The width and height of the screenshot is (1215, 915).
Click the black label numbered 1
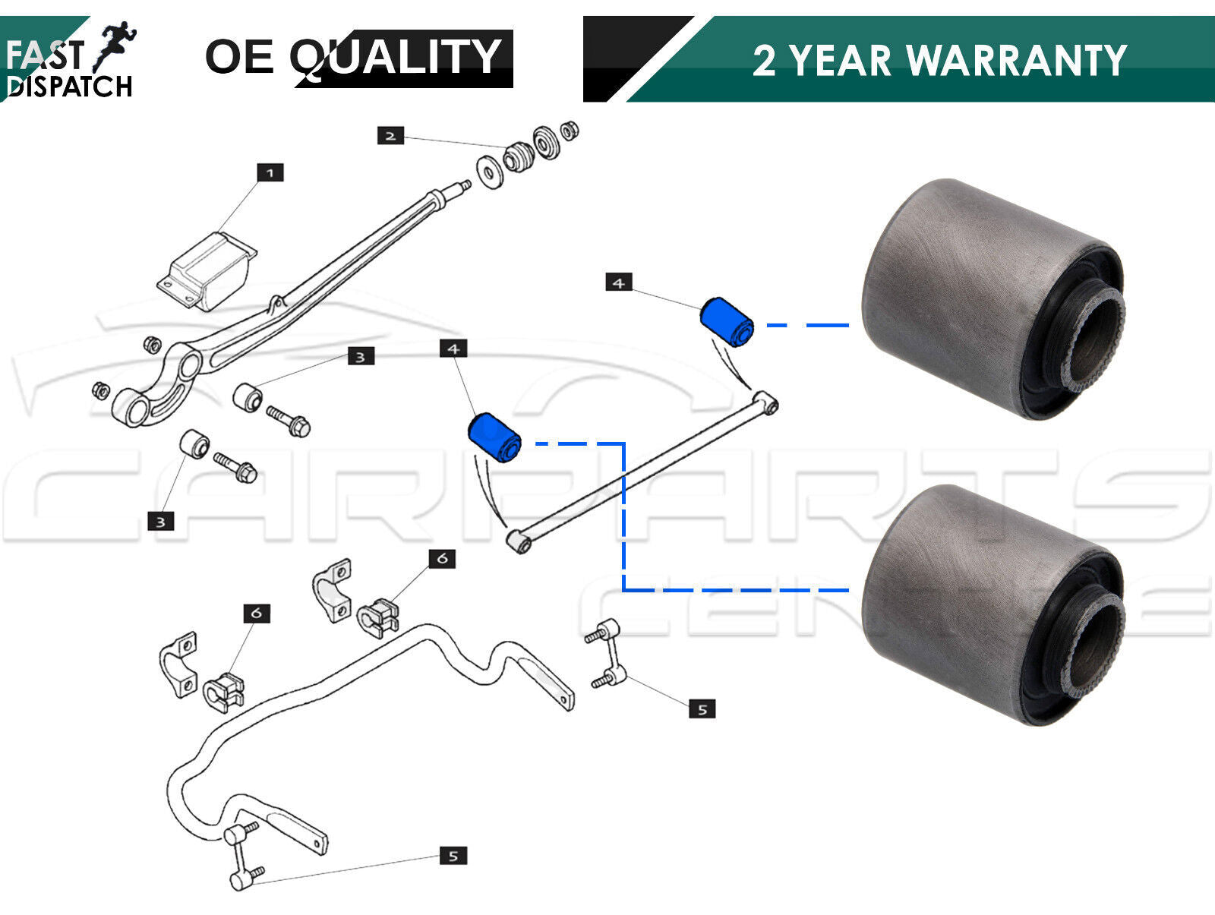[270, 172]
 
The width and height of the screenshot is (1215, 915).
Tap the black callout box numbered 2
[391, 136]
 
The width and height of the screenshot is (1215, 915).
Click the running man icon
[115, 46]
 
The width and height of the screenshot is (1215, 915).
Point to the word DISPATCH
[70, 87]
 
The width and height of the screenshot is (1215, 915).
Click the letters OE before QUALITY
[239, 56]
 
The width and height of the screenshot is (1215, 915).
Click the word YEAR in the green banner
[840, 60]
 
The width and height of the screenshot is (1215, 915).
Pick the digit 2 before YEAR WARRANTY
[764, 60]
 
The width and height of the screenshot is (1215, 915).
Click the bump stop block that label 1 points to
[207, 270]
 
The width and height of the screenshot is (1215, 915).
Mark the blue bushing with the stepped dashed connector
[494, 437]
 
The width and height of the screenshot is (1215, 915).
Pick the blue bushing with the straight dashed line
[727, 322]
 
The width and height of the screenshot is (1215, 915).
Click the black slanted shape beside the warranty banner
[636, 58]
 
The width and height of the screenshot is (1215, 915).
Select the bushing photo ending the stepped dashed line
[993, 604]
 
